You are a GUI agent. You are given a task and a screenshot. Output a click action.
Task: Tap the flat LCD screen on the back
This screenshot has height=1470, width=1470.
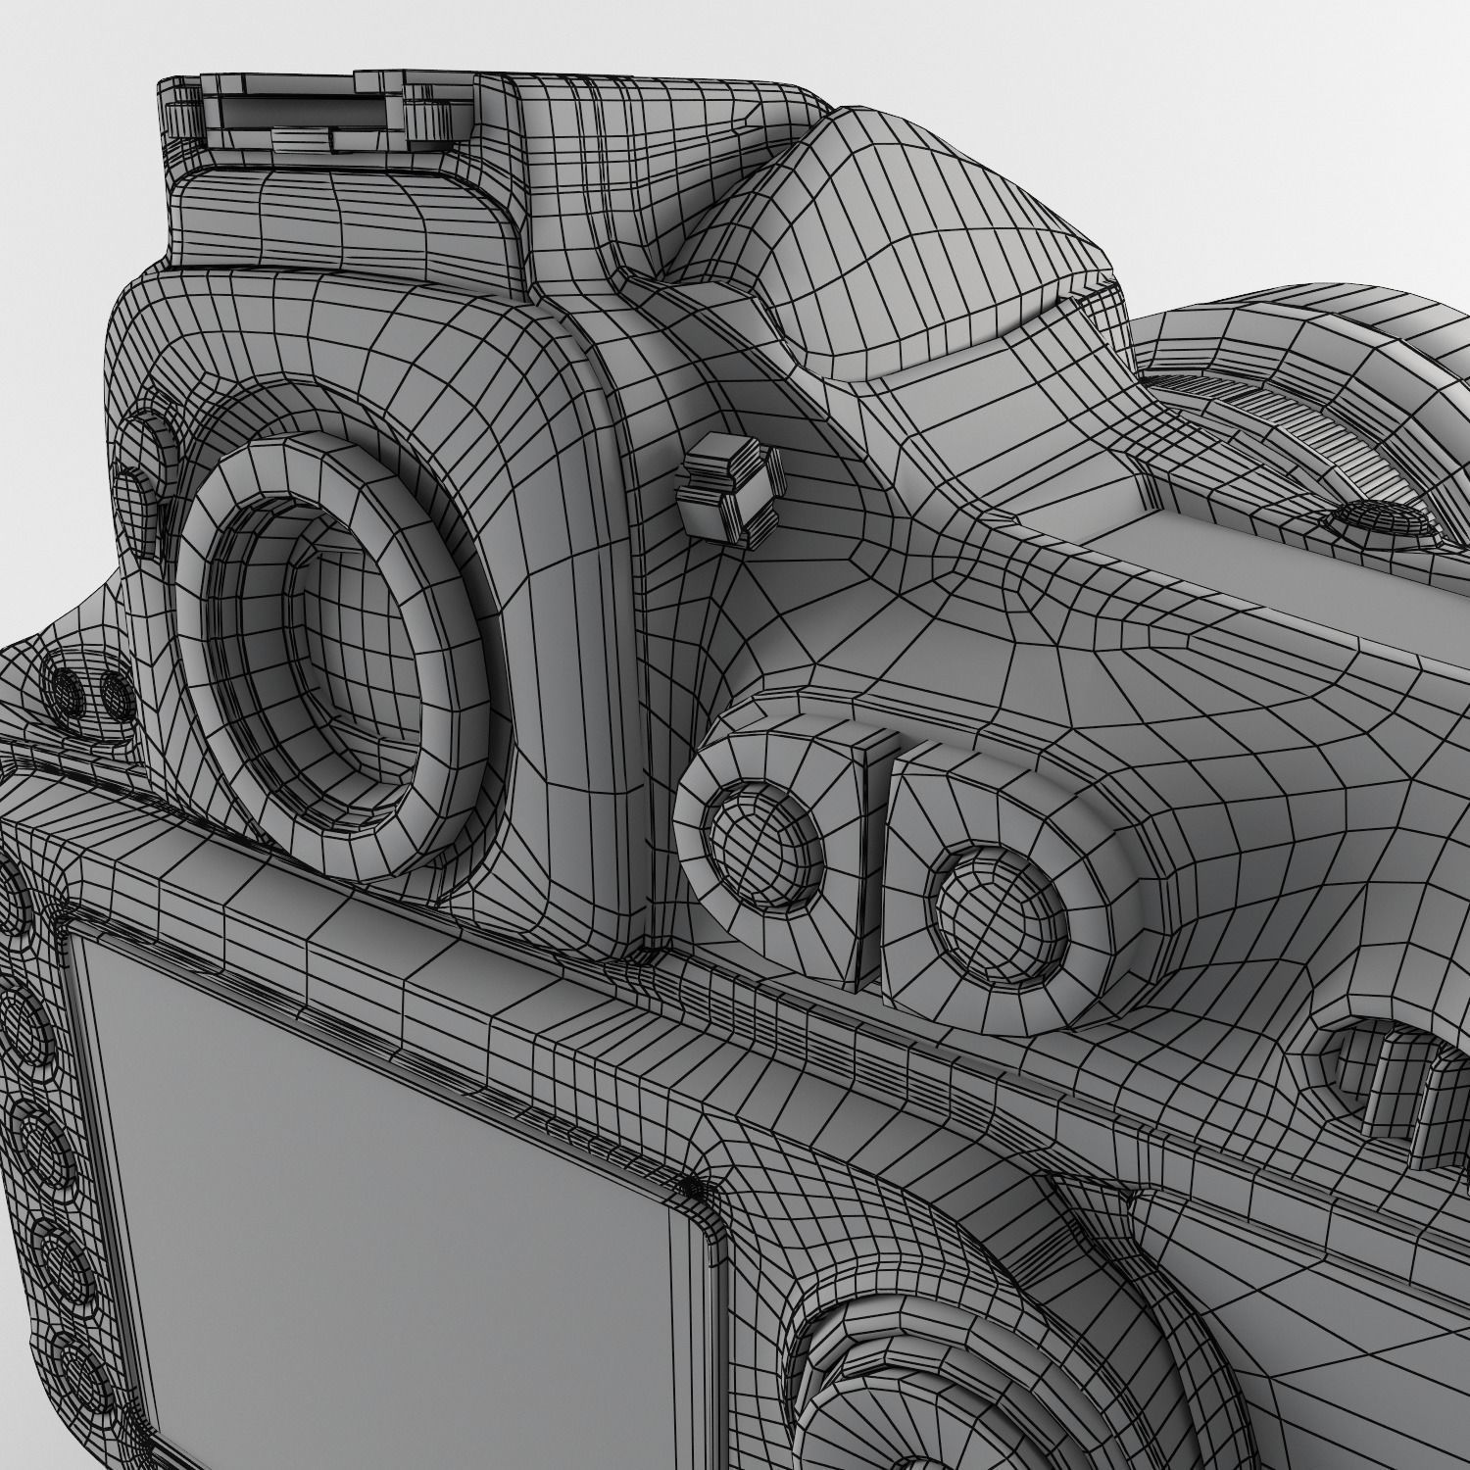(392, 1225)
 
